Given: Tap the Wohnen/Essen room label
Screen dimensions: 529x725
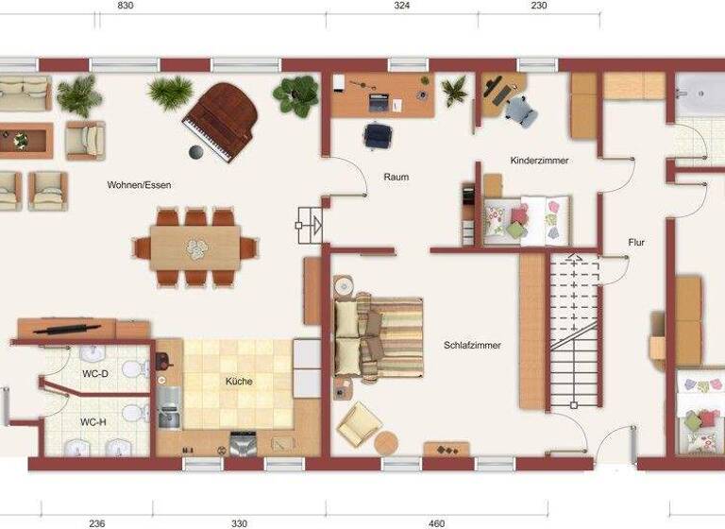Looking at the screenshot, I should coord(139,185).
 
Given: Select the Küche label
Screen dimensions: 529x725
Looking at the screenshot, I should coord(238,383).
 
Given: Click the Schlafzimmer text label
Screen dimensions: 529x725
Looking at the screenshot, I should coord(472,346).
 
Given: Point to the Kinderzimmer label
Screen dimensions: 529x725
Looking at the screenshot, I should coord(539,161).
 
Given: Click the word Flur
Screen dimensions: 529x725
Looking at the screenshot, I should coord(636,243).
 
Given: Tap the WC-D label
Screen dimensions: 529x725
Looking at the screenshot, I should coord(95,375).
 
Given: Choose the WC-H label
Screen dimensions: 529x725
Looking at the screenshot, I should coord(93,422).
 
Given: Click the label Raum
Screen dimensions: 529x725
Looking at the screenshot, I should coord(396,177).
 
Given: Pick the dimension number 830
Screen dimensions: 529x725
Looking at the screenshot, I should coord(126,6).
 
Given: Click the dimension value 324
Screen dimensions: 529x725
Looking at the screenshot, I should coord(401,6).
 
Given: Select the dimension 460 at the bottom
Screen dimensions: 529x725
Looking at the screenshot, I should coord(436,522).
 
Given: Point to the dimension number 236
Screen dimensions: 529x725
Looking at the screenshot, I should coord(96,522).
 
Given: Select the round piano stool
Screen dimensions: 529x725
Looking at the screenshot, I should coord(196,152).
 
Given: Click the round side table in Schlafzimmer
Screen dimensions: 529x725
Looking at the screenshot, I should coord(387,442).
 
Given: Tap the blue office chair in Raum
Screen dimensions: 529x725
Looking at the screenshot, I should coord(378,135).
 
